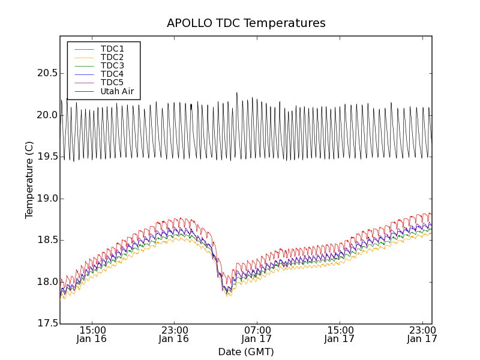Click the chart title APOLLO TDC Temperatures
point(246,23)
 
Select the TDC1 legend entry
point(112,49)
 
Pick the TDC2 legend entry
point(112,57)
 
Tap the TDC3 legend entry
point(112,65)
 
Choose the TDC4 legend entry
point(112,74)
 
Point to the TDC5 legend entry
point(112,82)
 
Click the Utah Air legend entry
point(117,91)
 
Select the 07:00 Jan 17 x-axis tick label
point(257,334)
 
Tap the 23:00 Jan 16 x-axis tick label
point(174,334)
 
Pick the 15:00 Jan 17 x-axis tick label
point(340,334)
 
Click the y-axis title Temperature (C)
point(29,180)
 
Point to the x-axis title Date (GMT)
point(246,352)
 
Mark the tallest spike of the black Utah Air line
point(237,93)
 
